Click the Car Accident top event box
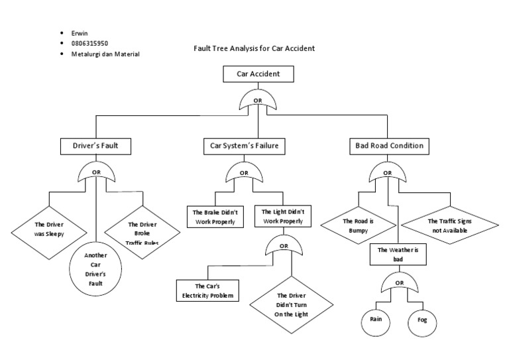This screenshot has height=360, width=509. click(258, 74)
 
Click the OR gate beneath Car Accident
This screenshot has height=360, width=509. click(258, 102)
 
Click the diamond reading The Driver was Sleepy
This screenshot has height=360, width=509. click(50, 229)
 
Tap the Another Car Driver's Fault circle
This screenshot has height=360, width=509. click(96, 269)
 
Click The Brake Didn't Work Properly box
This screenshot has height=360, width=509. click(215, 217)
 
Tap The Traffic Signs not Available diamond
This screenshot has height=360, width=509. click(450, 225)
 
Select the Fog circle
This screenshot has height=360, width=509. click(422, 320)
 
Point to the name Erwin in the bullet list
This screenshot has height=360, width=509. click(79, 32)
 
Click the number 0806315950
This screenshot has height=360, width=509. click(89, 42)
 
